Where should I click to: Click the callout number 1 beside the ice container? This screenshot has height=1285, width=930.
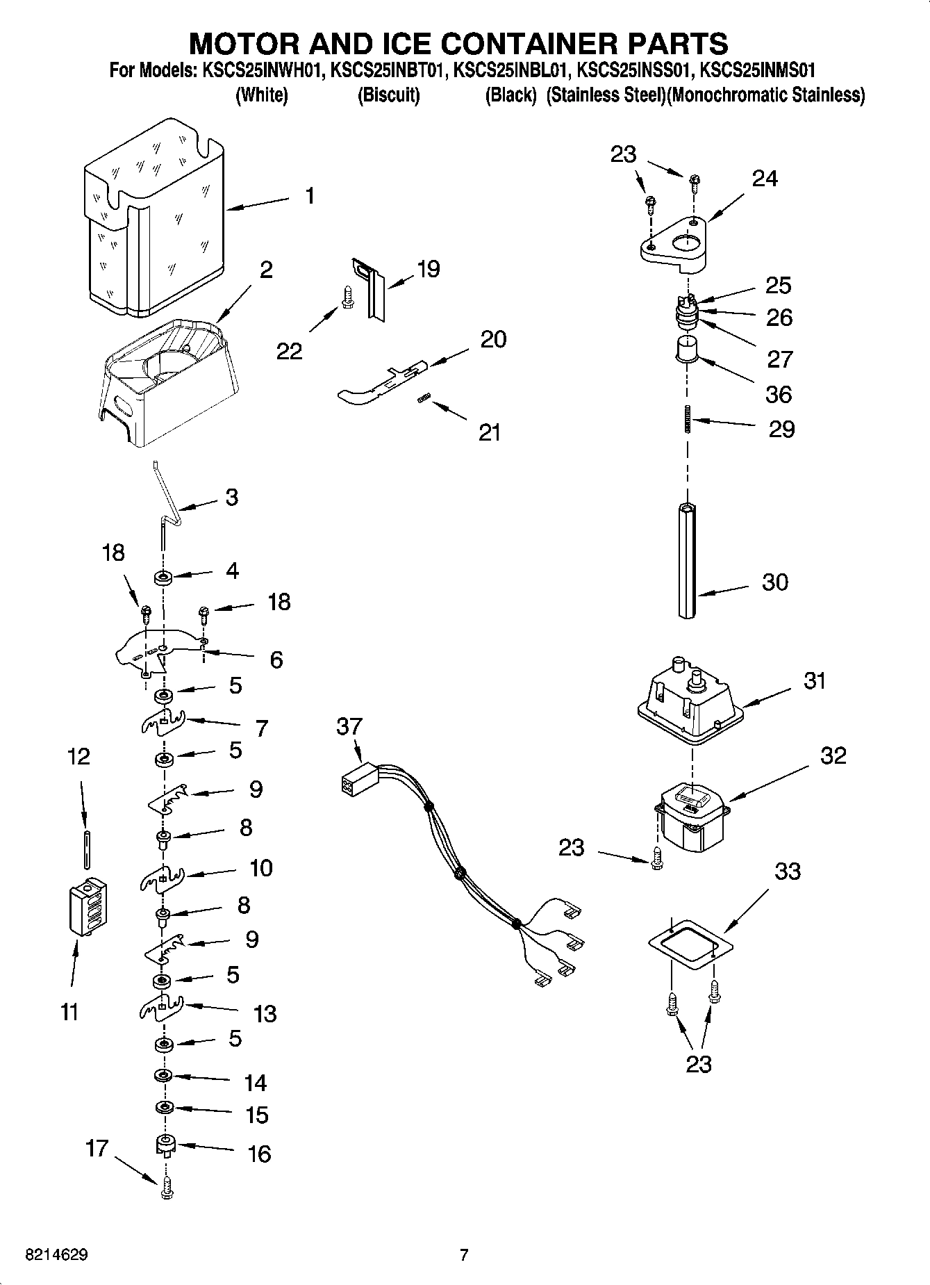(x=310, y=197)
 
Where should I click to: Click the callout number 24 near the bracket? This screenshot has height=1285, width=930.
(x=765, y=179)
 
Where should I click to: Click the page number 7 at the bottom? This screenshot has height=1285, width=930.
(x=463, y=1255)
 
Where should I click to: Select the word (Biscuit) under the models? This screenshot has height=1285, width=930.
(x=388, y=95)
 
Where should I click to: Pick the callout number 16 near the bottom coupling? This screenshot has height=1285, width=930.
(x=259, y=1154)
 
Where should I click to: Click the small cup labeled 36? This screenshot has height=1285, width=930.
(x=686, y=347)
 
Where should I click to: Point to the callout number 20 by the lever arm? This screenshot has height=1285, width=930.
(x=493, y=339)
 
